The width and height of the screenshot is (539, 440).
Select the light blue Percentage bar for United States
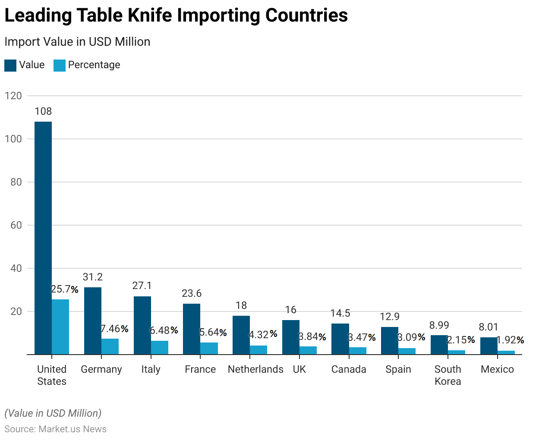tap(60, 327)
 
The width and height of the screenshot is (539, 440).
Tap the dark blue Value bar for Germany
tap(93, 321)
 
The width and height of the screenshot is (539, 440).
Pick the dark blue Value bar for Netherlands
tap(241, 335)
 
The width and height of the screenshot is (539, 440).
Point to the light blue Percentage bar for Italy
tap(160, 347)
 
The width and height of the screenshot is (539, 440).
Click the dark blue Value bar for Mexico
tap(489, 346)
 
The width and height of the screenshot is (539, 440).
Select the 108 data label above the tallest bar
tap(43, 111)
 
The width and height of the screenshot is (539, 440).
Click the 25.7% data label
tap(65, 289)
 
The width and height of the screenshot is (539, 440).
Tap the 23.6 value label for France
tap(192, 293)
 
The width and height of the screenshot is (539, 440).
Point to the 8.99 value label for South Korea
tap(439, 325)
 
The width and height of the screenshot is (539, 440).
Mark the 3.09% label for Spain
tap(411, 337)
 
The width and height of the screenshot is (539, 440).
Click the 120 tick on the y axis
tap(13, 96)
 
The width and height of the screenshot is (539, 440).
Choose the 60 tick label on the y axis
tap(16, 225)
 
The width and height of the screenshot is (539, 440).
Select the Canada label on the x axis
tap(349, 369)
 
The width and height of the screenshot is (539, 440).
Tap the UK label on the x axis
tap(299, 369)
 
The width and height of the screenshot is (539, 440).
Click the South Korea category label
tap(448, 375)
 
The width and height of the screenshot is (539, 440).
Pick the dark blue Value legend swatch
tap(10, 65)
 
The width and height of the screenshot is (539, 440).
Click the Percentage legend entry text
tap(94, 65)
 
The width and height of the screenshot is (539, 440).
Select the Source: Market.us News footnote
tap(55, 429)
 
